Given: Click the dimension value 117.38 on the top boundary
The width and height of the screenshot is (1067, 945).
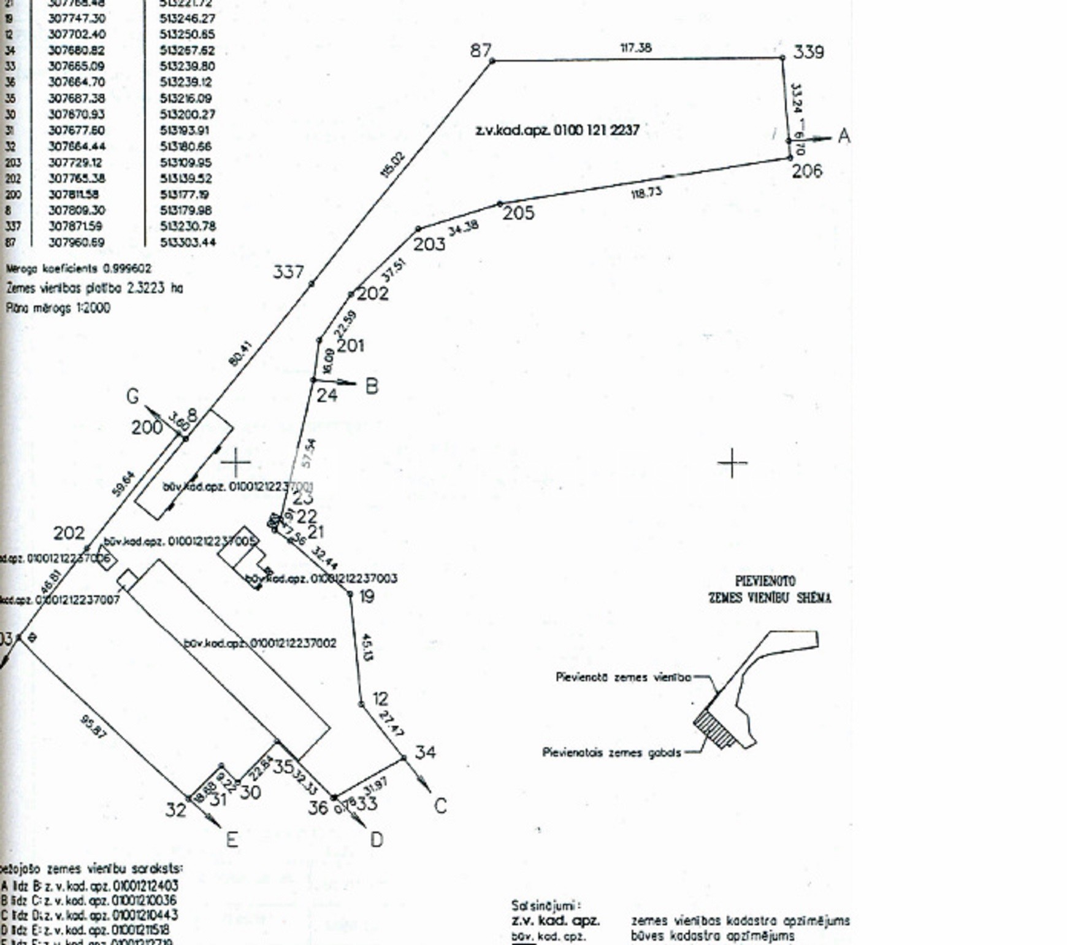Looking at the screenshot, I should (636, 47).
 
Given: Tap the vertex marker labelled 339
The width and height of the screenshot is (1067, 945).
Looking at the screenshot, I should (782, 58).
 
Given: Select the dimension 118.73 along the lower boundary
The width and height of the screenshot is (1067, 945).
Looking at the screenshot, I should (646, 193).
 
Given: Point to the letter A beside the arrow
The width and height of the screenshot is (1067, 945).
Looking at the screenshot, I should (844, 136).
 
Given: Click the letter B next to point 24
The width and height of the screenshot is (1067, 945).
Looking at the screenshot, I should (372, 387).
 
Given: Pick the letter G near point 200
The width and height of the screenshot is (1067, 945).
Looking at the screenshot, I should (132, 396).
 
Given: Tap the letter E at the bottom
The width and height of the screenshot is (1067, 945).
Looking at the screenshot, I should (232, 839).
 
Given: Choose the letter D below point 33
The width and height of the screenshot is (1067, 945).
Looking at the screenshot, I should (377, 839).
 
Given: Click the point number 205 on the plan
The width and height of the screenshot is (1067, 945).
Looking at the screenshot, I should (518, 213).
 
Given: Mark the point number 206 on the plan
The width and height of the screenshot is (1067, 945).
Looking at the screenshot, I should (806, 171).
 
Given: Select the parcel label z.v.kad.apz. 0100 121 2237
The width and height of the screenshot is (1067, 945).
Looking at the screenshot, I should (557, 130).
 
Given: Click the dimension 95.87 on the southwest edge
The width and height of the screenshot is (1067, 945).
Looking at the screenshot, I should (93, 727).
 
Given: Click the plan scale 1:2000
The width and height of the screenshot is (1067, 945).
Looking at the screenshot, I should (93, 308).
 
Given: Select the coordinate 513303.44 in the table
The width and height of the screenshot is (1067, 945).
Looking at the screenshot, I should (188, 242).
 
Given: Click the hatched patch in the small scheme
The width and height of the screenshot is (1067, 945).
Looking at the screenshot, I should (714, 728).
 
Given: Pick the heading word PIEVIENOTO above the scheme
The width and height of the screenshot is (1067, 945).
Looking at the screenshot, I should (765, 581).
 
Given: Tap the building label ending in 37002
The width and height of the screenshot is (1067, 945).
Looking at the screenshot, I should (260, 643).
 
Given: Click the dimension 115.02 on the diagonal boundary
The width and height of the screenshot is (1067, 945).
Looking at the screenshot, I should (393, 164).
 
